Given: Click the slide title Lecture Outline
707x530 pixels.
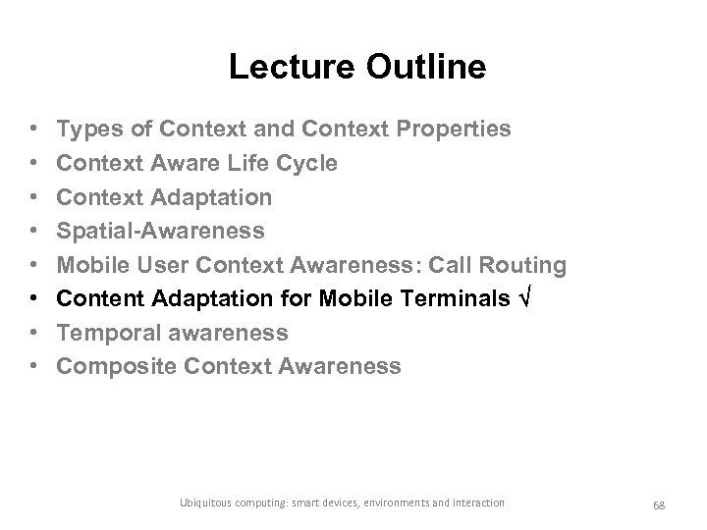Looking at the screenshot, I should coord(356,67).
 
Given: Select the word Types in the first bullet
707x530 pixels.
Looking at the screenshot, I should coord(87,129).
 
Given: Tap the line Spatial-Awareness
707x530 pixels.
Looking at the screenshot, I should coord(160,231).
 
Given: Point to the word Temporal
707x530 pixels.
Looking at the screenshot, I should coord(104,333).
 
